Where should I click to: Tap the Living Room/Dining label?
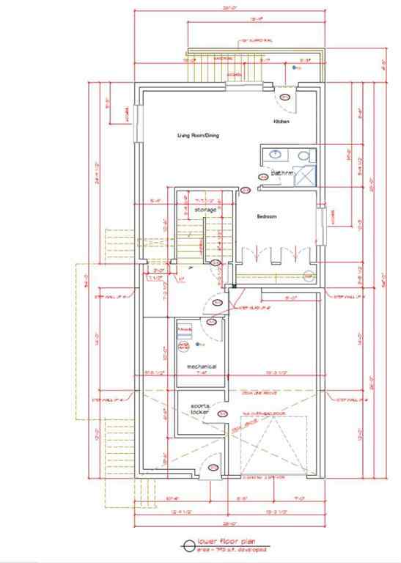[198, 136]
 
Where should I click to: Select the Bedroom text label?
[266, 217]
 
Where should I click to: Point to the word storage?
[205, 210]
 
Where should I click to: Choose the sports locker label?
[199, 408]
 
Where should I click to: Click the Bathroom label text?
[282, 174]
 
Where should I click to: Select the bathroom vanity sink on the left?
[274, 155]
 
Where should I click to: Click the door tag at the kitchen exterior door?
[285, 96]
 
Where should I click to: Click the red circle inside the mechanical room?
[184, 345]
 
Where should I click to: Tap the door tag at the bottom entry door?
[213, 468]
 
